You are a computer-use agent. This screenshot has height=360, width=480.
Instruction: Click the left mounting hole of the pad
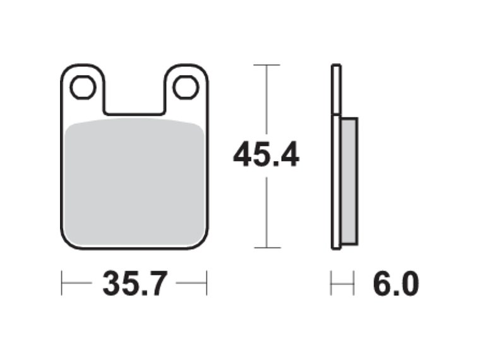(82, 88)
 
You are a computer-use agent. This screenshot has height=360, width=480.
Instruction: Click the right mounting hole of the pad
(186, 88)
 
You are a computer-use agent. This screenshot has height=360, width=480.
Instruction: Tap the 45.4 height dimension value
(266, 155)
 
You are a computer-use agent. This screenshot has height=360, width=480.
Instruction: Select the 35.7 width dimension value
(134, 284)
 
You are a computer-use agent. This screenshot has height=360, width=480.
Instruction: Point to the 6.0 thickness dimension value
(395, 284)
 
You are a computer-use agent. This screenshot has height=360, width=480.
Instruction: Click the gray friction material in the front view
(135, 183)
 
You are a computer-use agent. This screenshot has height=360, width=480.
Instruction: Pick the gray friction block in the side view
(349, 180)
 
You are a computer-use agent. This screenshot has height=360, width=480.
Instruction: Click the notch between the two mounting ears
(135, 98)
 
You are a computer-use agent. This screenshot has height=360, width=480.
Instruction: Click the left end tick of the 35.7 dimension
(62, 284)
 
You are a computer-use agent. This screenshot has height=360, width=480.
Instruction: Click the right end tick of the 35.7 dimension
(207, 284)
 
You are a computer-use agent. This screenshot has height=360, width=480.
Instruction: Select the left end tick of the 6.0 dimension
(332, 284)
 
